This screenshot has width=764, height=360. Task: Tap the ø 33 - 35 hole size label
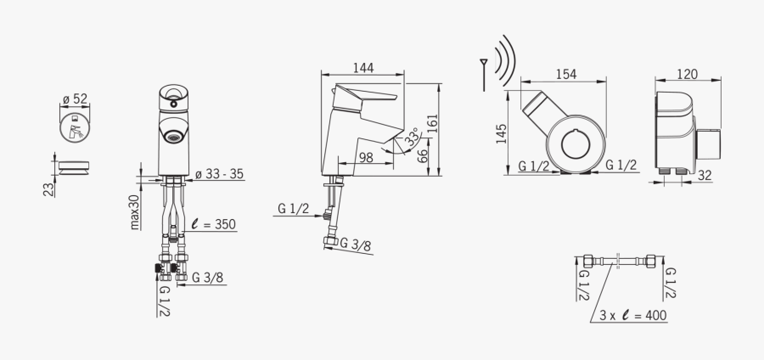[x=219, y=174]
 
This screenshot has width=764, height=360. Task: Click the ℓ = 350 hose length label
[x=213, y=225]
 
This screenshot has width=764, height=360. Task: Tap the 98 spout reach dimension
[x=366, y=157]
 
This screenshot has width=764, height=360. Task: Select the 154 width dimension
[x=565, y=74]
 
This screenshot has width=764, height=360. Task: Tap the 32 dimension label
[x=704, y=175]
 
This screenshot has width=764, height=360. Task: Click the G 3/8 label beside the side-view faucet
[x=356, y=246]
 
